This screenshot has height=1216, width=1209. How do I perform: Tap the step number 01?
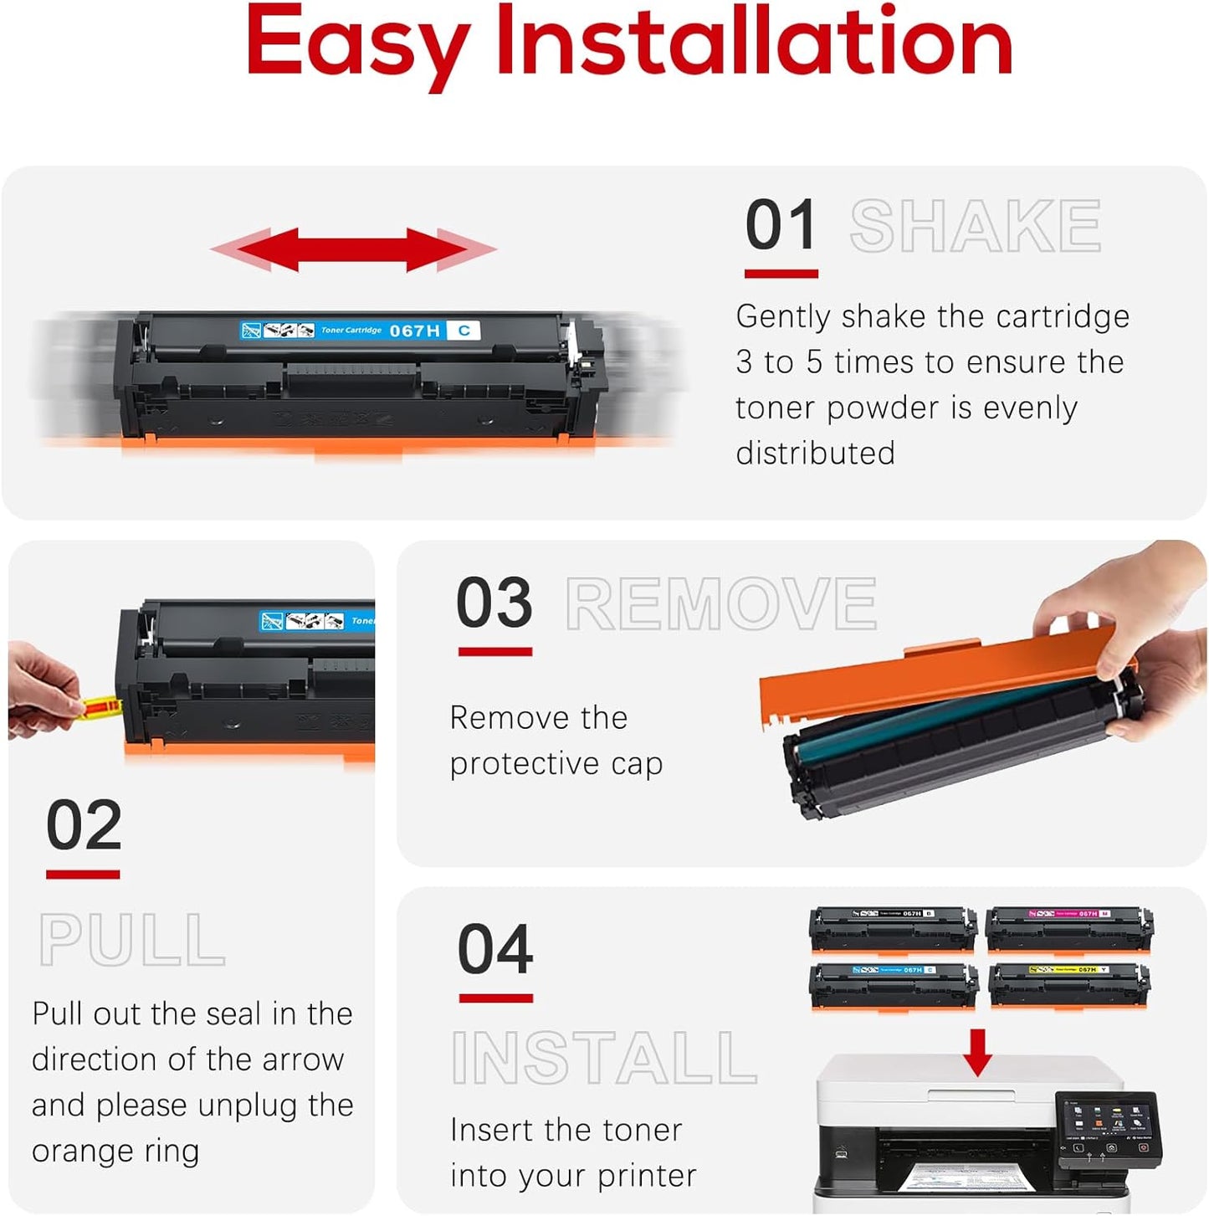tap(780, 225)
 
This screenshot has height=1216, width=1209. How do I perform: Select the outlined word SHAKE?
tap(975, 226)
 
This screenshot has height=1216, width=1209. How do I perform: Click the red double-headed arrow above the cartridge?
tap(353, 249)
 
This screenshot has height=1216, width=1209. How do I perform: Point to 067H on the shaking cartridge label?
tap(414, 331)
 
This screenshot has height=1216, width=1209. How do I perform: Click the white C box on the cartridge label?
tap(464, 331)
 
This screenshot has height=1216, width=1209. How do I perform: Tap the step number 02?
tap(84, 825)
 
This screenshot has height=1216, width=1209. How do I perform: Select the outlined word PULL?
tap(132, 941)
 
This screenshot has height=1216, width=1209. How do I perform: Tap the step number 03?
tap(494, 603)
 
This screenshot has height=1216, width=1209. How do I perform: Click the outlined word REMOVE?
tap(721, 604)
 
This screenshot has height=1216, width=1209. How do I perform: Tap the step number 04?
tap(495, 950)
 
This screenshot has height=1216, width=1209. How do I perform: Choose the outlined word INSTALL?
tap(604, 1059)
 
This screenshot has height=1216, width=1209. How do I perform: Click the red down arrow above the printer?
tap(976, 1051)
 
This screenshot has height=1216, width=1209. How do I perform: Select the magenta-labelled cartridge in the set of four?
tap(1068, 929)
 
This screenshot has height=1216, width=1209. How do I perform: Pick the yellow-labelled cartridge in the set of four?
tap(1068, 985)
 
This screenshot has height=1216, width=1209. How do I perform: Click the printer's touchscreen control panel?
tap(1109, 1128)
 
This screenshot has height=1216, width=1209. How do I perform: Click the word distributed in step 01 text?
tap(815, 454)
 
